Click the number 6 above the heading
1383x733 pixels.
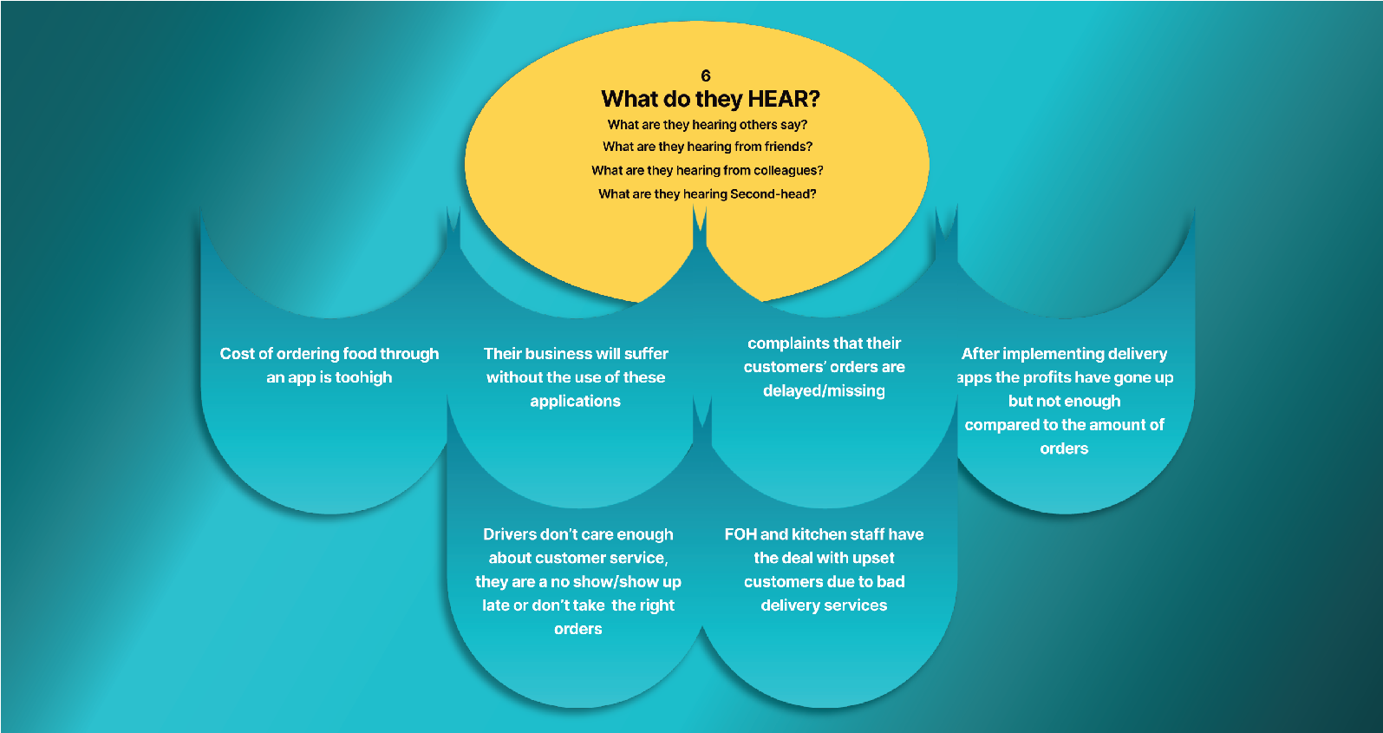point(706,76)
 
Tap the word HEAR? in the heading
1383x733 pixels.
point(784,99)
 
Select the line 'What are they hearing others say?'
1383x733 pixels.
point(708,125)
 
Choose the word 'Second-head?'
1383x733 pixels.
point(773,194)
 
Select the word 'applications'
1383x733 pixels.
point(576,402)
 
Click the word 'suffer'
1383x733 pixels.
point(647,354)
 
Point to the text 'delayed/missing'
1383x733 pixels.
point(825,391)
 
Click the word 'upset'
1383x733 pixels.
point(874,559)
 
